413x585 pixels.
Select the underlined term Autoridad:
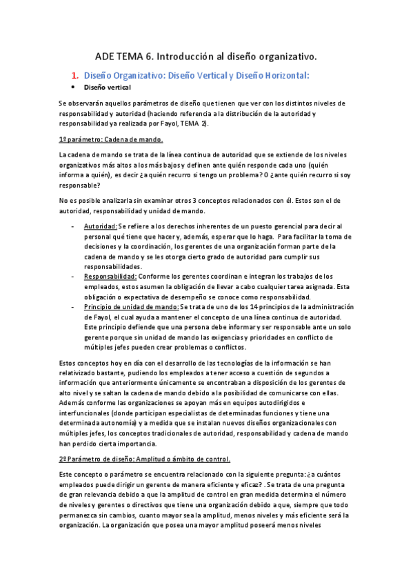tap(100, 226)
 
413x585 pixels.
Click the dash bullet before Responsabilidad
tap(73, 276)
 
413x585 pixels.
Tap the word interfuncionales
tap(85, 412)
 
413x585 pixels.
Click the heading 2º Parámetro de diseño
tap(103, 458)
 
